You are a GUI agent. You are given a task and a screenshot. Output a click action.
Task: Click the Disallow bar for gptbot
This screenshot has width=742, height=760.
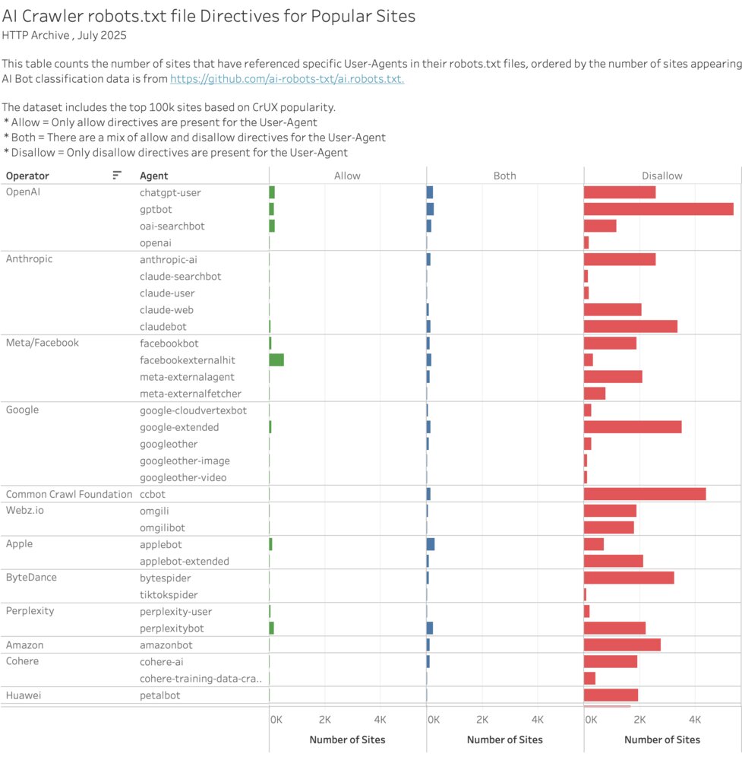click(x=658, y=209)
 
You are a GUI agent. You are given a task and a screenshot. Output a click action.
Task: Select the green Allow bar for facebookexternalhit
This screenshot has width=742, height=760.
click(x=276, y=360)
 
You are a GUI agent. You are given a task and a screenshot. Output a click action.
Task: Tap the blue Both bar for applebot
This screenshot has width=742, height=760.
click(x=431, y=544)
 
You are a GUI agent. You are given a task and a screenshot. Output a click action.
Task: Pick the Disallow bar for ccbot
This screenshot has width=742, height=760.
click(x=644, y=494)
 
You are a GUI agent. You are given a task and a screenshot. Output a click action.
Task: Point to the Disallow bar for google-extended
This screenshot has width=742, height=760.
click(x=632, y=427)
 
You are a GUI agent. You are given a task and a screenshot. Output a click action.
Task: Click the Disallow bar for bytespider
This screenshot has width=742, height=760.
click(x=628, y=578)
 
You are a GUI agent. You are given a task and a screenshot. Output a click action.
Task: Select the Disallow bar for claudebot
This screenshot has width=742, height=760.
click(x=630, y=327)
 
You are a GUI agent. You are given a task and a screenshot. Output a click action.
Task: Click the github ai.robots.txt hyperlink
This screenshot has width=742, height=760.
click(x=286, y=78)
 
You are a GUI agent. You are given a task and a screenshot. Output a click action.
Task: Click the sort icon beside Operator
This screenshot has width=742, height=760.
click(x=117, y=176)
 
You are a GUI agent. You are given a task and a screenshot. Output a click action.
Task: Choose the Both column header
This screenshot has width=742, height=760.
click(x=504, y=176)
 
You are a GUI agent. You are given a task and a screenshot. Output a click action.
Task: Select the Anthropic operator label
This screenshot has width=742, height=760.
click(x=29, y=259)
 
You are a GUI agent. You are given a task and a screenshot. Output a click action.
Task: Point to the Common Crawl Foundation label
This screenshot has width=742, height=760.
click(x=69, y=494)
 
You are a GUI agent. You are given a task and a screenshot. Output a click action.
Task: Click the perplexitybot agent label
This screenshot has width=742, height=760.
click(x=172, y=629)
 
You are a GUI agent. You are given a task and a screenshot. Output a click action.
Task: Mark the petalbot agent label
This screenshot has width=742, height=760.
click(x=159, y=695)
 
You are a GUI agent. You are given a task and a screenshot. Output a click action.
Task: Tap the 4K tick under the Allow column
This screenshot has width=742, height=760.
click(x=380, y=720)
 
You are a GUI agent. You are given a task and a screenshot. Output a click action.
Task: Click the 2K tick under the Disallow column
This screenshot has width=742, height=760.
click(x=639, y=720)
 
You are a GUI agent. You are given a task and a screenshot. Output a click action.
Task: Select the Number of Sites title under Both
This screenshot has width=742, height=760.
click(x=504, y=739)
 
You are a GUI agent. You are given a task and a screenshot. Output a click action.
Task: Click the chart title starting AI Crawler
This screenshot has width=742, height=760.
click(x=209, y=16)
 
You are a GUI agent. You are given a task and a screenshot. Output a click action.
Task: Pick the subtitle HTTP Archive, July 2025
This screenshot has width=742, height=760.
click(x=64, y=35)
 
